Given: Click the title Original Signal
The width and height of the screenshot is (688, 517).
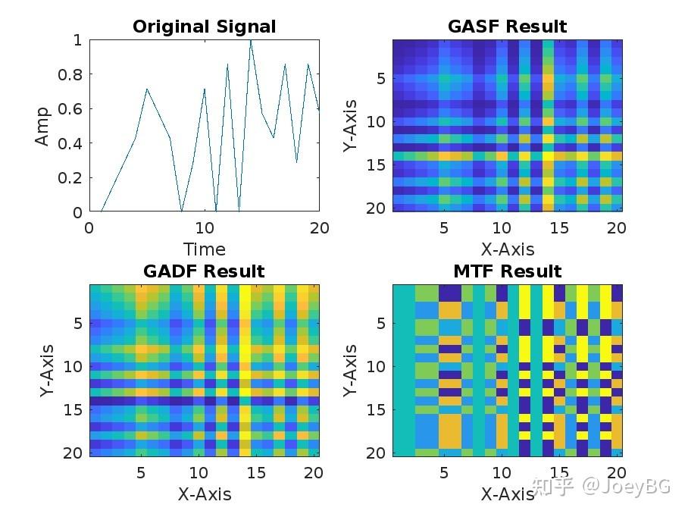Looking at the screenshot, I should point(204,27).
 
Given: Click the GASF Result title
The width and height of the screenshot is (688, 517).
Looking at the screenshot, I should point(507,27).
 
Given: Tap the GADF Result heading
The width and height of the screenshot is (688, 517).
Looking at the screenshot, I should point(204,271).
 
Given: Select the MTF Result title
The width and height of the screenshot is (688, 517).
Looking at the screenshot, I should point(507,271).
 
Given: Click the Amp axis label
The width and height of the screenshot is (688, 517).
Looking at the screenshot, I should point(42,126).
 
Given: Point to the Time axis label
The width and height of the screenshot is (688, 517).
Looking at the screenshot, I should point(204,249).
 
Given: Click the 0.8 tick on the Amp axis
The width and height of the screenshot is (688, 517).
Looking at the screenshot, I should point(70,74).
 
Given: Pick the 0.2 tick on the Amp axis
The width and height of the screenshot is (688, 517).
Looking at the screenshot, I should point(70,178).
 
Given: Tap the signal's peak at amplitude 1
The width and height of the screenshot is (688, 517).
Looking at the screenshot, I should point(251,41).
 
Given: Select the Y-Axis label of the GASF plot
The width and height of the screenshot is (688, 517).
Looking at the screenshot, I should point(349,126).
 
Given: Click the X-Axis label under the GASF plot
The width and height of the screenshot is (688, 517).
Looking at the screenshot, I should point(507,249).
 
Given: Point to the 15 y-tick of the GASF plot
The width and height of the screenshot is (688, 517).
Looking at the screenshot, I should point(377,164).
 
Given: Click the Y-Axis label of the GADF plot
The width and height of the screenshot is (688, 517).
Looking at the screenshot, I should point(46,371).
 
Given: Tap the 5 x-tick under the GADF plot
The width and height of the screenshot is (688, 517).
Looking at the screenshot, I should point(140,473).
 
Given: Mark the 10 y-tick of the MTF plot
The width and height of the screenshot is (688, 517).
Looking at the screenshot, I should point(377,366).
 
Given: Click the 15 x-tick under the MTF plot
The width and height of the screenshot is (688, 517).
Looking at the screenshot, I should point(559,473).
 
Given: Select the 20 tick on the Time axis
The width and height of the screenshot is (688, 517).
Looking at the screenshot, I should point(319,227).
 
